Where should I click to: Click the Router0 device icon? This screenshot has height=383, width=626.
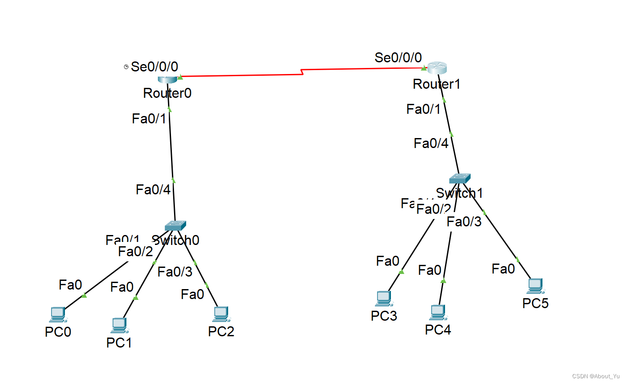point(168,79)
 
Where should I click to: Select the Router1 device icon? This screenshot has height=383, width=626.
point(437,68)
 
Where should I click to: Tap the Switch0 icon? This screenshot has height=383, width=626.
point(175,225)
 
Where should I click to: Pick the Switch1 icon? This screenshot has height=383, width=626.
point(459,178)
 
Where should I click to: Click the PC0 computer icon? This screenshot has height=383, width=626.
point(58,314)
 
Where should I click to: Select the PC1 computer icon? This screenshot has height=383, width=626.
point(119,325)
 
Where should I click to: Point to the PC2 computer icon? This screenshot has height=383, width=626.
point(221,314)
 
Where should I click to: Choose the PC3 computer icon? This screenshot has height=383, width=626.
point(384,298)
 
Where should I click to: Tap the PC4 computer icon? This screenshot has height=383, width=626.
point(438,312)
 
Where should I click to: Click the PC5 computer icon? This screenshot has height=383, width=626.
point(535,286)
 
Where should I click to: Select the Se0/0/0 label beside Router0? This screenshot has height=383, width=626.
point(155,67)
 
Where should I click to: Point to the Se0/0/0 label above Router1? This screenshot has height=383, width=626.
point(398,58)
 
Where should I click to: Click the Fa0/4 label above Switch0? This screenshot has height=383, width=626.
point(153,190)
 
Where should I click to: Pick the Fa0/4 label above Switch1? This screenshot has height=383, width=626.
point(431,143)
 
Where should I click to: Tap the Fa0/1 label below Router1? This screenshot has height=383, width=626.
point(423,109)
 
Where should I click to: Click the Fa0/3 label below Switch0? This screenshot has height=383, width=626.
point(174,272)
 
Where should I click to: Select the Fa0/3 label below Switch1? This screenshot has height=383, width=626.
point(464,222)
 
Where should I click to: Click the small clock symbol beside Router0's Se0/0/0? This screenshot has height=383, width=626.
point(126,67)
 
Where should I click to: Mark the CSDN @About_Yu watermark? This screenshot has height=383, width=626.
point(596,376)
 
